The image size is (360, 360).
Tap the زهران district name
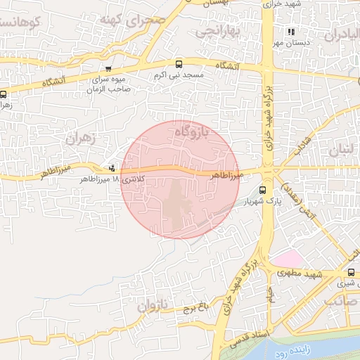[x=79, y=139]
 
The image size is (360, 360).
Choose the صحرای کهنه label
[x=143, y=20]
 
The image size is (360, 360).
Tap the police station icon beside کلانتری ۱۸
[x=112, y=168]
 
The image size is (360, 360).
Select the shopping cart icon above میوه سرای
[x=108, y=69]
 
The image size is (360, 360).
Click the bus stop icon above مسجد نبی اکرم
[x=179, y=63]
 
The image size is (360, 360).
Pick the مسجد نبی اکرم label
[x=179, y=75]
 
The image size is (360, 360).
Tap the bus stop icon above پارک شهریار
[x=263, y=190]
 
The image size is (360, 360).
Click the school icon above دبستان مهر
[x=291, y=32]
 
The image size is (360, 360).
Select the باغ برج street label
[x=195, y=307]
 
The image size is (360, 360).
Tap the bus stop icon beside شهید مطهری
[x=351, y=273]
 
